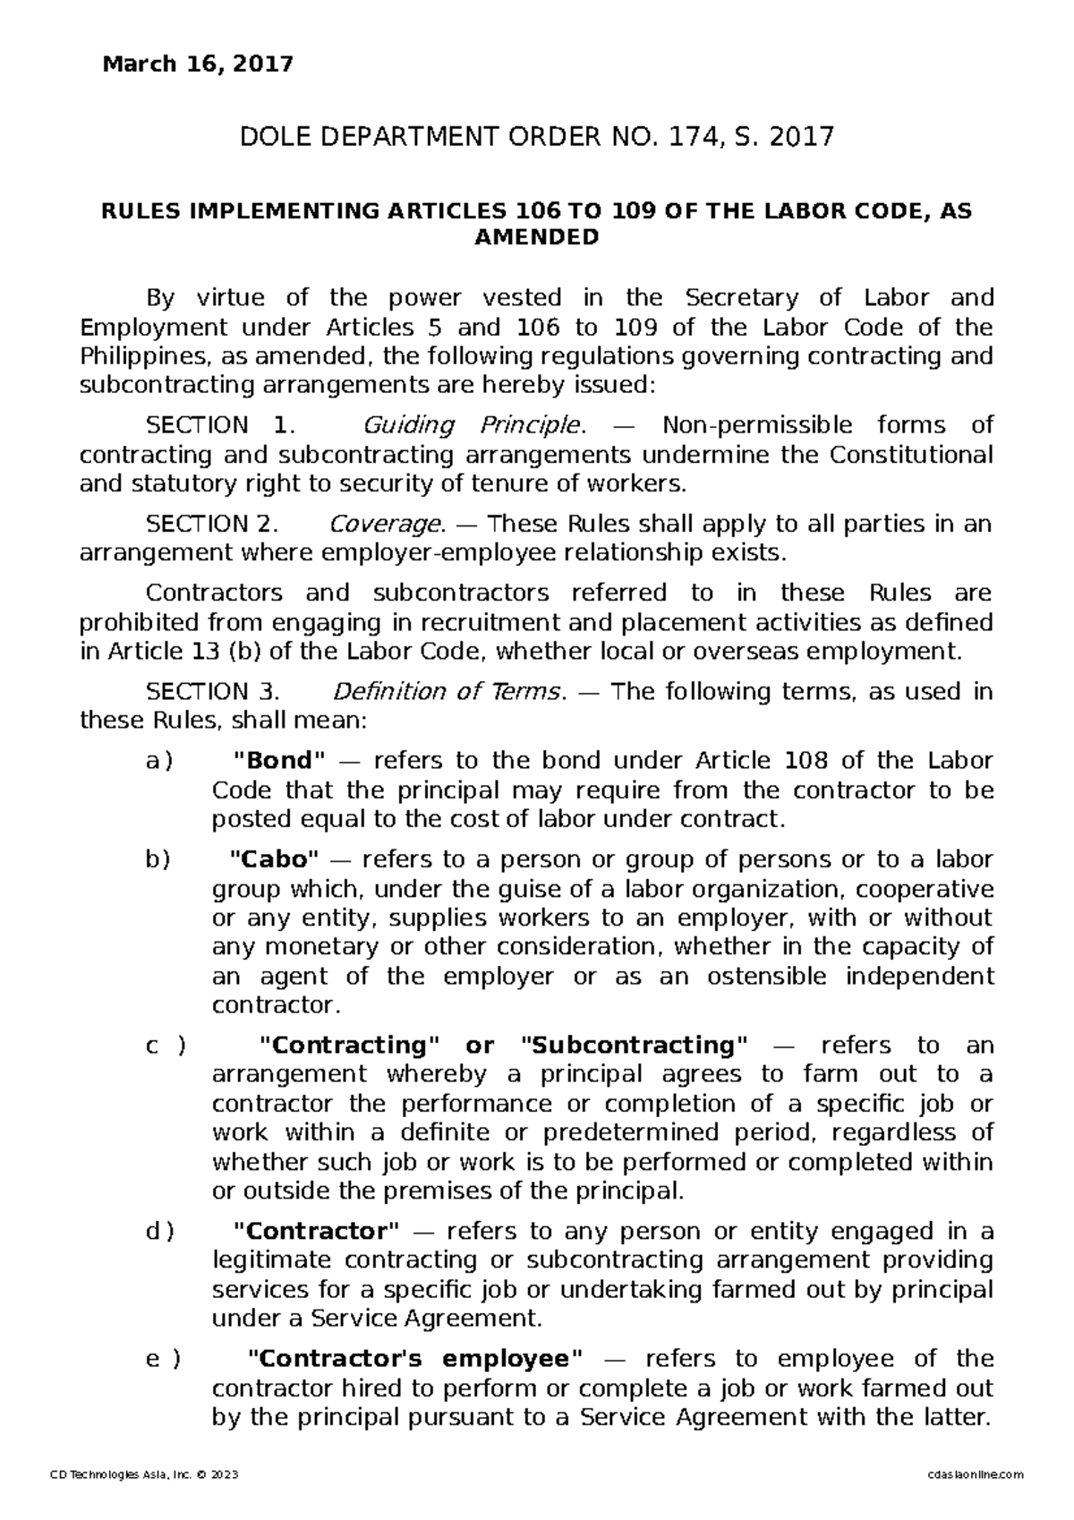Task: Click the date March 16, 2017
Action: coord(199,64)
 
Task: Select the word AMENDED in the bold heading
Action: coord(536,238)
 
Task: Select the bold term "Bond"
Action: coord(278,761)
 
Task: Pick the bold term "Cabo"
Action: coord(274,859)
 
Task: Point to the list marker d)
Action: coord(159,1231)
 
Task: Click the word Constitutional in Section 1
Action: coord(911,455)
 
